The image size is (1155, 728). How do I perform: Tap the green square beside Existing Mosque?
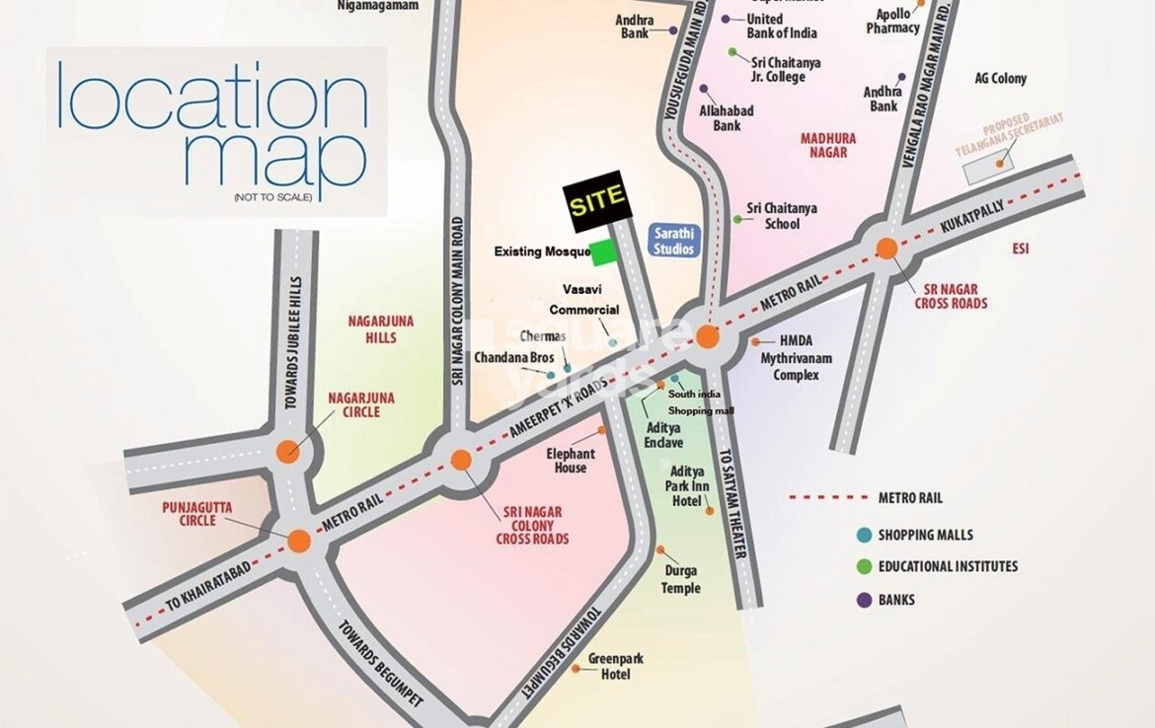602,254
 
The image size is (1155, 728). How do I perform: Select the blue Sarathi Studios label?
674,241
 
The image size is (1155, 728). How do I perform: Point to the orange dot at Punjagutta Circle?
300,541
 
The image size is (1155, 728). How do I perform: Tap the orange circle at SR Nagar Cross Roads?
886,249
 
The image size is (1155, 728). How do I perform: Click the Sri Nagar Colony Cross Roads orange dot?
460,459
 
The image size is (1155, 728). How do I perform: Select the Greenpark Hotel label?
608,666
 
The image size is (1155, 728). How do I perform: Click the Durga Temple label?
681,580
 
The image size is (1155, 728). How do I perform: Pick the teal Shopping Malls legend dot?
864,535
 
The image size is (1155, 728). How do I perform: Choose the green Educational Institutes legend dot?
864,566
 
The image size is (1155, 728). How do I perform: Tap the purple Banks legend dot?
864,599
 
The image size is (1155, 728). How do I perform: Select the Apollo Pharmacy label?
893,22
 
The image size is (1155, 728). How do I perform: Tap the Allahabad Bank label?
727,118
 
